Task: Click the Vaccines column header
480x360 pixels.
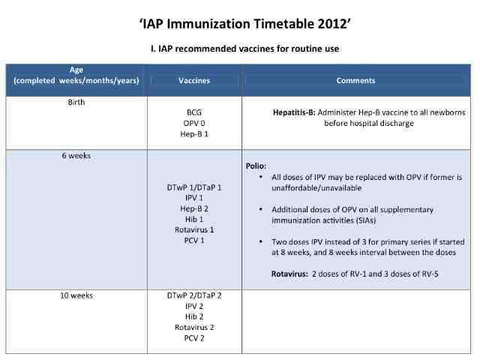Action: (194, 80)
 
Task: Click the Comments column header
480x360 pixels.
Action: (355, 80)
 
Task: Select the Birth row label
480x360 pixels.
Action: (76, 103)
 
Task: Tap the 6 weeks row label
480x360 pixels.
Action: (76, 156)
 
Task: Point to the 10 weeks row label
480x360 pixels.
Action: (76, 295)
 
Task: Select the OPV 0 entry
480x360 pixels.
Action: (194, 123)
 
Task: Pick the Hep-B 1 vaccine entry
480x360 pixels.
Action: (194, 134)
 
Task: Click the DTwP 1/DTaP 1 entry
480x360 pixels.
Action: (194, 187)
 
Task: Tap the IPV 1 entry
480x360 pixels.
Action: (194, 197)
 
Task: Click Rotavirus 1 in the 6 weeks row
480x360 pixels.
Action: (194, 229)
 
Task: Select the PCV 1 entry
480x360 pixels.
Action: (194, 240)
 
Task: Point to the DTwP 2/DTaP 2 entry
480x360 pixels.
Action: (194, 295)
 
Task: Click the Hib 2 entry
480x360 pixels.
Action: (194, 316)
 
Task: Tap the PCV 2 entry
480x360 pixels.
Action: (194, 338)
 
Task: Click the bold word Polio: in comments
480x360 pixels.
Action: (257, 165)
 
